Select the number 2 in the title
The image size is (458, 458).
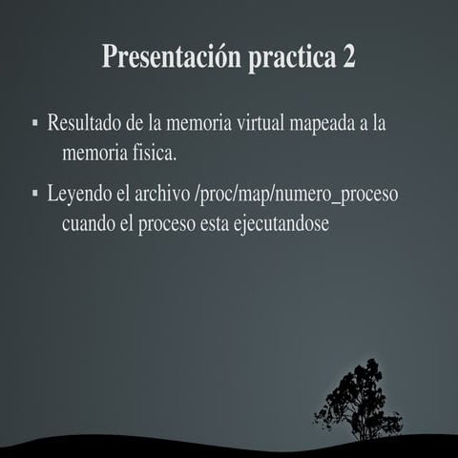pos(348,56)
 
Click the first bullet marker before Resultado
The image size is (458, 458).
pos(34,123)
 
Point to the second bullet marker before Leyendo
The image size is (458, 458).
pos(34,194)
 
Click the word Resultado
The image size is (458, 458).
pos(83,124)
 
